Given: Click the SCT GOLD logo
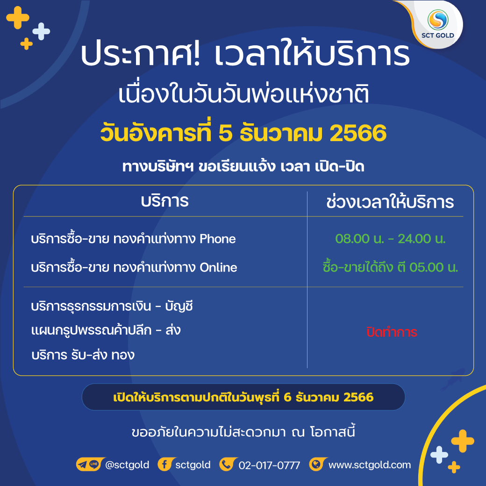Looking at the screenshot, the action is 438,24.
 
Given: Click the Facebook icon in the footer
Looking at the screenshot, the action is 165,465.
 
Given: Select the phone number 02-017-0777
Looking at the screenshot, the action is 269,465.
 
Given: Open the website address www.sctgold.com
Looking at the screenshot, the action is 370,465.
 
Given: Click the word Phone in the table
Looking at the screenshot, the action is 218,239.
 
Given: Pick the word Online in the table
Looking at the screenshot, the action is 218,267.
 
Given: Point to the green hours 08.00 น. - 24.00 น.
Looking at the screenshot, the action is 391,239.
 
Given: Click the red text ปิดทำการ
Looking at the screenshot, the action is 392,332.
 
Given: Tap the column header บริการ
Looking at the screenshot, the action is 164,201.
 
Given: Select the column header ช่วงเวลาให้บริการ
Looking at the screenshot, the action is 390,202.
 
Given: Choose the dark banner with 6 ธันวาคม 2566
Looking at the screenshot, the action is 243,397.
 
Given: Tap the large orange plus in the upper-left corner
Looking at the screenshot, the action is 18,18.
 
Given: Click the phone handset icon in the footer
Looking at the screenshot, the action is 228,465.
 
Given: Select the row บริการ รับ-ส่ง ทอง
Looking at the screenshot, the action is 83,355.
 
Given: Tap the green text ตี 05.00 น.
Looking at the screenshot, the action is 428,267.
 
